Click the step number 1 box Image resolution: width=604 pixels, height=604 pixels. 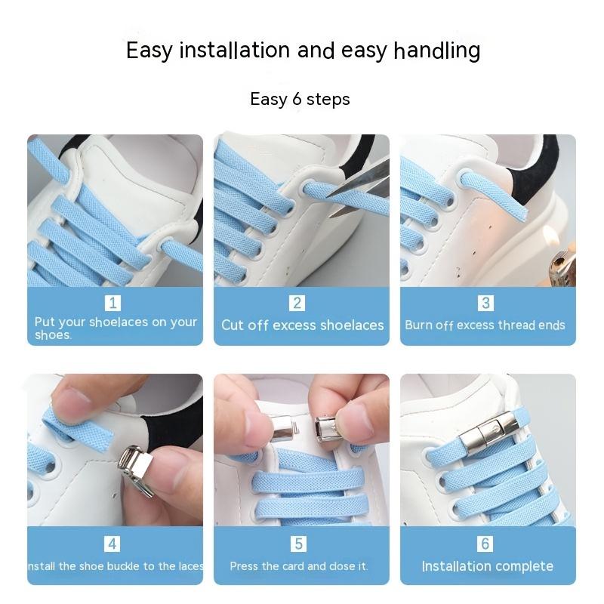click(112, 304)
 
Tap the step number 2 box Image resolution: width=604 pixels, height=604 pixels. click(297, 304)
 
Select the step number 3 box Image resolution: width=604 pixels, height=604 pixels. click(485, 304)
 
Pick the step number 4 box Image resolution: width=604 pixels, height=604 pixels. click(112, 544)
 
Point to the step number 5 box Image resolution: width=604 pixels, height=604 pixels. click(298, 544)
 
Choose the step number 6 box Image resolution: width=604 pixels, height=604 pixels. click(485, 544)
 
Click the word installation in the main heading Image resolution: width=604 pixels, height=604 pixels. click(235, 50)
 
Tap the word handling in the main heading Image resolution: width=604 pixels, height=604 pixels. click(437, 51)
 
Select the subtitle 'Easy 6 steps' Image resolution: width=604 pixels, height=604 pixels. click(300, 99)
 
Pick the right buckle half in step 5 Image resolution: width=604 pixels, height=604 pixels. click(326, 427)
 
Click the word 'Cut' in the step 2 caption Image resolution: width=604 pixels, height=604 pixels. click(233, 325)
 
